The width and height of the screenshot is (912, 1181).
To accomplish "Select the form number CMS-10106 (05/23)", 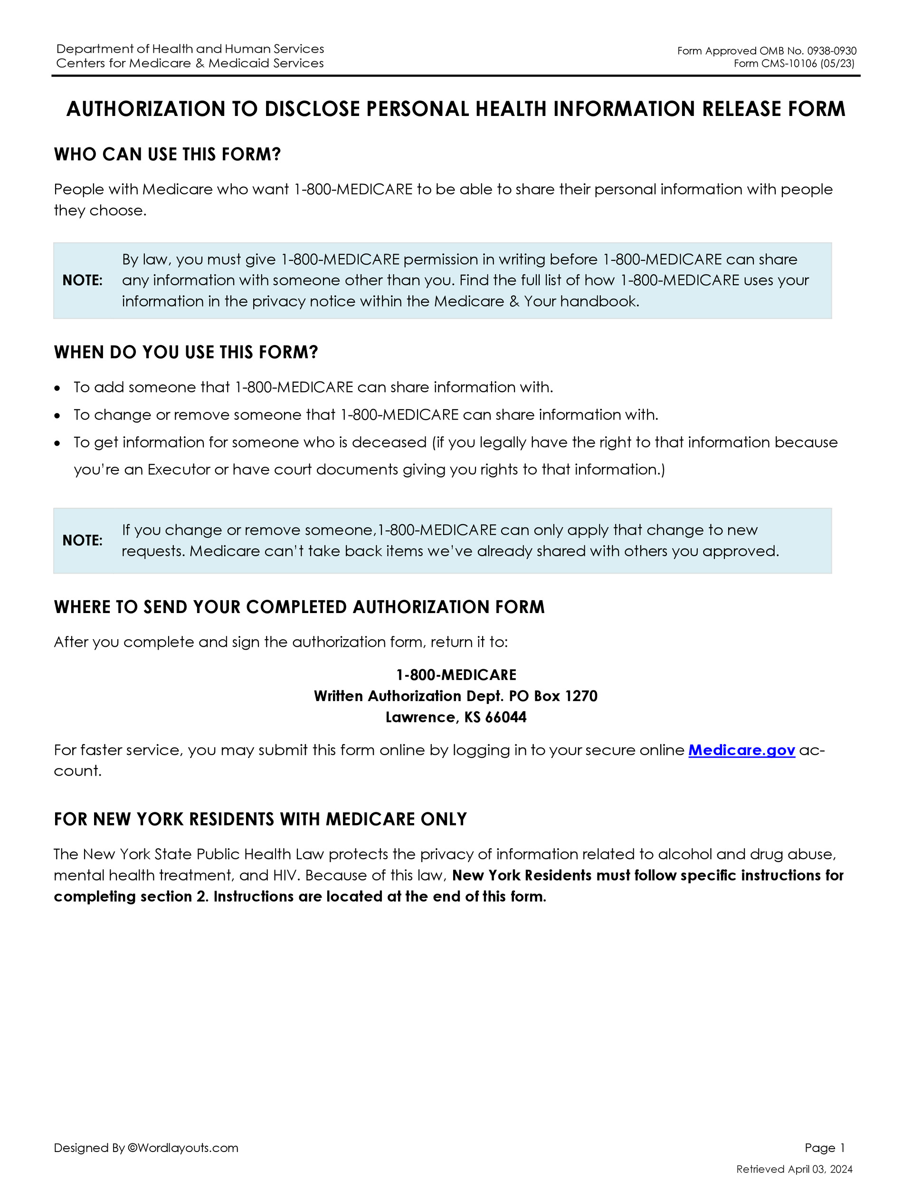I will coord(794,64).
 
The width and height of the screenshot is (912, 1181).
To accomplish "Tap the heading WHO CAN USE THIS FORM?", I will coord(168,154).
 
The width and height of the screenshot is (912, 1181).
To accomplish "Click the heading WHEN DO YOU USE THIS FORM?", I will coord(186,353).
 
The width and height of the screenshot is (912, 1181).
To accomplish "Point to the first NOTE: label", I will coord(82,281).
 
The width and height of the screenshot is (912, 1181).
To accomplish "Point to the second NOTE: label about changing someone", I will coord(82,541).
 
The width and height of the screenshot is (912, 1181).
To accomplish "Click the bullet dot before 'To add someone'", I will coord(58,388).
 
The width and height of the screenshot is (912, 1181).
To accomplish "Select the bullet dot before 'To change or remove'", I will coord(58,416).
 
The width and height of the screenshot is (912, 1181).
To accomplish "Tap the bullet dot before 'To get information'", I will coord(58,443).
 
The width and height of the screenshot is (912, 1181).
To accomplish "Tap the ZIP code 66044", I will coord(506,718).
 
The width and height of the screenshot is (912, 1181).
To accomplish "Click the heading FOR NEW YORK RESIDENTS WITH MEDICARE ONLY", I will coord(260,819).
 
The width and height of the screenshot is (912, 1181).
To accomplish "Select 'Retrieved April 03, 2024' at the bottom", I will coord(794,1169).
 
